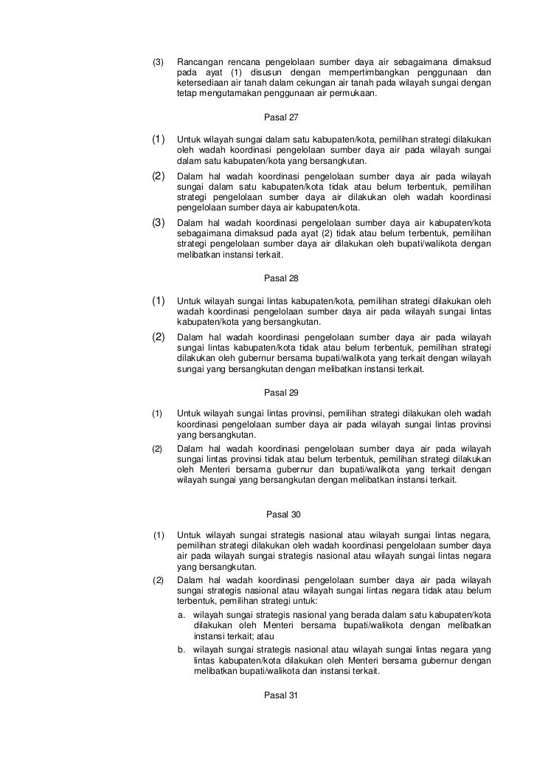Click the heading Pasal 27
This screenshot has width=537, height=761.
click(281, 117)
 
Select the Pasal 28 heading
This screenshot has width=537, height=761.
click(281, 278)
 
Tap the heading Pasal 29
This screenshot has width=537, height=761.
click(281, 393)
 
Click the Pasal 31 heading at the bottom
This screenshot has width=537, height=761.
click(281, 695)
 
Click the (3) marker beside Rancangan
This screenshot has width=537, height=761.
click(157, 61)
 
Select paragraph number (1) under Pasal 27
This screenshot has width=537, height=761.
click(158, 140)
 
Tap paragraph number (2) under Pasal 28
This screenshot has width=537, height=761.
click(158, 337)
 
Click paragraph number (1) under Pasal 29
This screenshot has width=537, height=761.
click(157, 413)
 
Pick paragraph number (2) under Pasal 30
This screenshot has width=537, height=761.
click(157, 579)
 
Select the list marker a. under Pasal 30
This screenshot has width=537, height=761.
click(182, 615)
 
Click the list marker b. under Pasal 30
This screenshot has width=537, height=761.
click(182, 649)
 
